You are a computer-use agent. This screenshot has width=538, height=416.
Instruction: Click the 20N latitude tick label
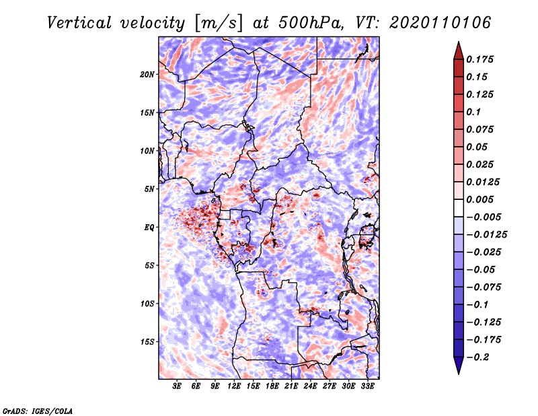click(x=147, y=75)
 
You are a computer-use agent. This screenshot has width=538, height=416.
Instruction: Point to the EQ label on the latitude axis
click(x=149, y=228)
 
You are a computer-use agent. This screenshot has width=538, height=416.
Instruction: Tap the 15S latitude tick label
click(x=147, y=342)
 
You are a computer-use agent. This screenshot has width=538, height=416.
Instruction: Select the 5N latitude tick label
click(x=149, y=189)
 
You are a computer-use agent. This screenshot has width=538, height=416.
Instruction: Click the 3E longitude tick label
click(x=177, y=386)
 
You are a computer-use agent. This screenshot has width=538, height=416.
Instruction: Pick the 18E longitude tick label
click(x=272, y=386)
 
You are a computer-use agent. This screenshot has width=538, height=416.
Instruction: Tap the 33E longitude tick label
click(x=367, y=386)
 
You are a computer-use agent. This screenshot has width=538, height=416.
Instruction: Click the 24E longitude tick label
click(x=310, y=386)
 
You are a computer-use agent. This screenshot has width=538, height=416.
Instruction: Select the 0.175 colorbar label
click(x=479, y=59)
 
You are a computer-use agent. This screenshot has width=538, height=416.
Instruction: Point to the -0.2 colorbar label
click(x=477, y=357)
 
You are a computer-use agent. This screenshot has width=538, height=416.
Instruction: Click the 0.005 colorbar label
click(x=479, y=199)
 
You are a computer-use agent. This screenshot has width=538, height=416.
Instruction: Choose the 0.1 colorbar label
click(x=473, y=112)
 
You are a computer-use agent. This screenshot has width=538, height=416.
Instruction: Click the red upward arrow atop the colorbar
click(x=459, y=51)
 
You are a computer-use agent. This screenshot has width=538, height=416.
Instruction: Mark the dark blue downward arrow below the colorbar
click(x=459, y=366)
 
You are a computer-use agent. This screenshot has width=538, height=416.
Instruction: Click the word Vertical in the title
click(x=79, y=23)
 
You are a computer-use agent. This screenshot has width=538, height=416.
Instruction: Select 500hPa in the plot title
click(x=311, y=23)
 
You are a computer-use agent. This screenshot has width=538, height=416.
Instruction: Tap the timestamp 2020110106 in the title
click(x=440, y=23)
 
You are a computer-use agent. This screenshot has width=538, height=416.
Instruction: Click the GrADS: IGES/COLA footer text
click(x=38, y=411)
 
